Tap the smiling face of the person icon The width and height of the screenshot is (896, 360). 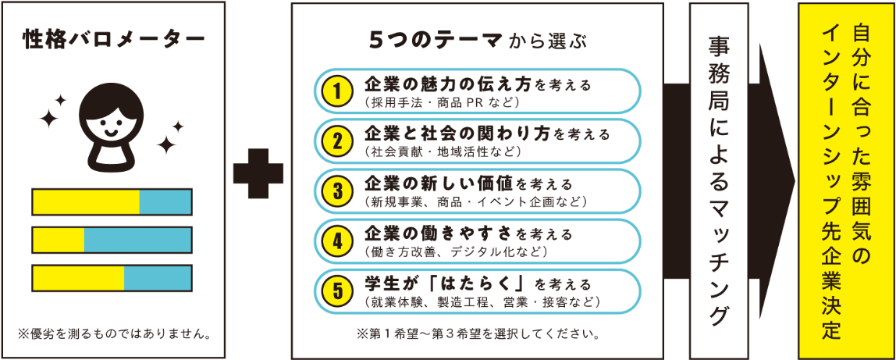[112, 120]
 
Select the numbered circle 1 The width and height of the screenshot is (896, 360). [337, 91]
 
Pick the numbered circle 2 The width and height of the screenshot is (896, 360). [337, 141]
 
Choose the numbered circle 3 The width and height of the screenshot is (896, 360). [337, 191]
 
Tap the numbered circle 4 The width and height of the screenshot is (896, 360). [337, 241]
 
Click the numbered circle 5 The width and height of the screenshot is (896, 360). [337, 291]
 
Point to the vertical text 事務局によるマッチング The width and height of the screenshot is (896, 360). [719, 180]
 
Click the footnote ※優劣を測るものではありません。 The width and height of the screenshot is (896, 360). [115, 335]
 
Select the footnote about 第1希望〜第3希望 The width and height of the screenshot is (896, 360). [478, 335]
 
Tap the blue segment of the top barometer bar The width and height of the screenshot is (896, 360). [165, 201]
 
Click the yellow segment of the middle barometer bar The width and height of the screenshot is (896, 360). [59, 240]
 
